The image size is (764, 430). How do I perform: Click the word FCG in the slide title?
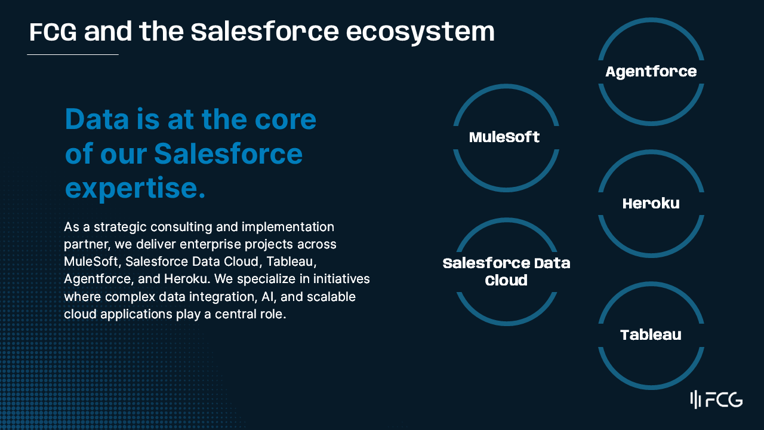(53, 32)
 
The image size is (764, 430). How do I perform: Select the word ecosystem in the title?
(420, 33)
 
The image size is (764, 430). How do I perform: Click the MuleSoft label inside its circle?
(504, 137)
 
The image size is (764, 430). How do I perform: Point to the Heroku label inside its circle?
(651, 204)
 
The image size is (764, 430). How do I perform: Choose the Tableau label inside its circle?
(651, 335)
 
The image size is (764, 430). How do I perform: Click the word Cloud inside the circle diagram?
(506, 281)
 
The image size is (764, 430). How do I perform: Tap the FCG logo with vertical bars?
(716, 400)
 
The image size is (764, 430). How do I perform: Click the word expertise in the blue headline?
(135, 188)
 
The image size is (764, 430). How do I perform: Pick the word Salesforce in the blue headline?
(228, 153)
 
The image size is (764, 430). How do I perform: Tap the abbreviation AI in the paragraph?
(269, 297)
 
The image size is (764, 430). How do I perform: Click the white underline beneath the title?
(73, 54)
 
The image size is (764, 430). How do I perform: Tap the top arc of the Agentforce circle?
(651, 20)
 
